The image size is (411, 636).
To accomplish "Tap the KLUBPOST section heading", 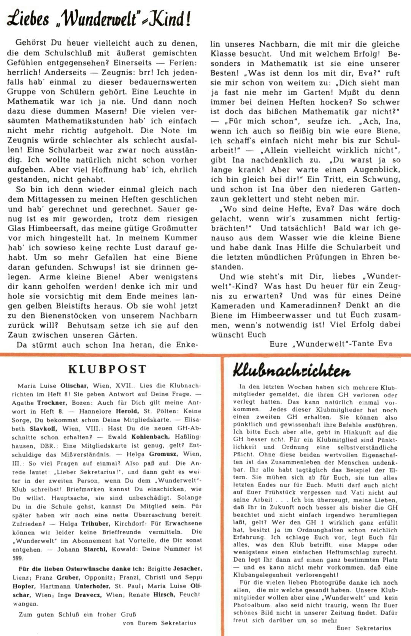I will [x=107, y=369].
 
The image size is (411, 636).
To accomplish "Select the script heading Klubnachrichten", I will [x=291, y=371].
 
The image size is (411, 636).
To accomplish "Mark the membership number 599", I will [x=17, y=558].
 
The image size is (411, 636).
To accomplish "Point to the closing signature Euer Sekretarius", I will [x=363, y=628].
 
